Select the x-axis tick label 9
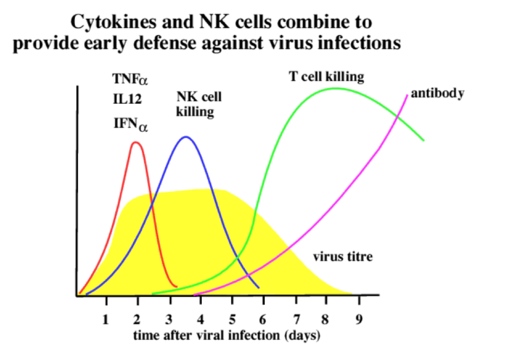point(359,319)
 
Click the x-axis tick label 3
point(169,319)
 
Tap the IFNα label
point(131,124)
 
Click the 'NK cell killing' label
point(199,104)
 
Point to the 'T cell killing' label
point(327,77)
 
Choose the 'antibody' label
point(437,94)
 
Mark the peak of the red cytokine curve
point(136,142)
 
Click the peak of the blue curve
point(185,137)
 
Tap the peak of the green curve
point(334,88)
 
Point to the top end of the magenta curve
point(407,94)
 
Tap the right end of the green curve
point(423,140)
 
